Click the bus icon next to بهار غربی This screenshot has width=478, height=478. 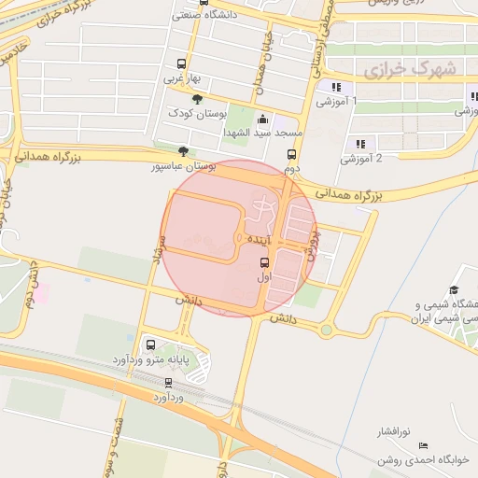[181, 64]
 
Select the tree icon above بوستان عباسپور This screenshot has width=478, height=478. [183, 151]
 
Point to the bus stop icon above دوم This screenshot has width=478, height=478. [291, 155]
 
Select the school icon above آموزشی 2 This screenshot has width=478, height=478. [359, 143]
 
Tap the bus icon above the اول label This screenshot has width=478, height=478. [264, 262]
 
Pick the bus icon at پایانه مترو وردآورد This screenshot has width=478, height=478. [151, 344]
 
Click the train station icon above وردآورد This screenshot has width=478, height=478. [168, 382]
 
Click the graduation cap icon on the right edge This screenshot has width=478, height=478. [454, 290]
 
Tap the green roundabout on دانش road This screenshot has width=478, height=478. [326, 330]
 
